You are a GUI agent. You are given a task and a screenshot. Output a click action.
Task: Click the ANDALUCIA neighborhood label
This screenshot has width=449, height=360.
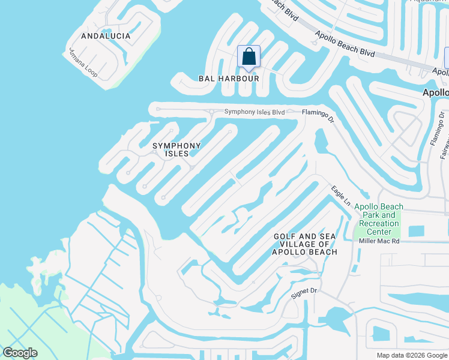pyautogui.click(x=105, y=36)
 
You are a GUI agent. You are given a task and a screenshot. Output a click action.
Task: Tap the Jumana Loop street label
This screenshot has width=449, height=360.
pyautogui.click(x=83, y=63)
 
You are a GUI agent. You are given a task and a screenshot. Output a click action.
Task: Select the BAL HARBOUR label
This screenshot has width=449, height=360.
pyautogui.click(x=229, y=79)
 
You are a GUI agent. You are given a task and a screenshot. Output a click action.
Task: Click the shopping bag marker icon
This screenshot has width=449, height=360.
pyautogui.click(x=249, y=58)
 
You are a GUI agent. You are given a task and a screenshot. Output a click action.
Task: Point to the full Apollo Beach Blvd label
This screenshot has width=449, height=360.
pyautogui.click(x=346, y=47)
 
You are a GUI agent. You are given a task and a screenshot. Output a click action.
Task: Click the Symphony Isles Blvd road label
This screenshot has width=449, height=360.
pyautogui.click(x=254, y=112)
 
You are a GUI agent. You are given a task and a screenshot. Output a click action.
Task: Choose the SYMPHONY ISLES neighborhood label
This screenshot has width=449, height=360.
pyautogui.click(x=176, y=149)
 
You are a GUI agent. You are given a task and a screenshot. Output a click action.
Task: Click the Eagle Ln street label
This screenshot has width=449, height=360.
pyautogui.click(x=340, y=197)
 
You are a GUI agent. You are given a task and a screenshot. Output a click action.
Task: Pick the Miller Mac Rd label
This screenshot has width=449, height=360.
pyautogui.click(x=379, y=241)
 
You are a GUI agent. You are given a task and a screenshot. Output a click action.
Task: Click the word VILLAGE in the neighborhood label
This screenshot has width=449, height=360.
pyautogui.click(x=294, y=244)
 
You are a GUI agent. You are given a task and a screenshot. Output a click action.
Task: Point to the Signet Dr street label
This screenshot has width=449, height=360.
pyautogui.click(x=303, y=292)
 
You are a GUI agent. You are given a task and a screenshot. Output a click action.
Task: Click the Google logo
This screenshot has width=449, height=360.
pyautogui.click(x=20, y=353)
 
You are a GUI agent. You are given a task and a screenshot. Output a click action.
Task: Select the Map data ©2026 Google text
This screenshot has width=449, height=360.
pyautogui.click(x=411, y=355)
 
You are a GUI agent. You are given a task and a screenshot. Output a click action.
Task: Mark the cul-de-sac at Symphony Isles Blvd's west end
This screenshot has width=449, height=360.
pyautogui.click(x=158, y=110)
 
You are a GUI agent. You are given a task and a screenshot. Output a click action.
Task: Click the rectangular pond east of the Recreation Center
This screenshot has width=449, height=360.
pyautogui.click(x=415, y=231)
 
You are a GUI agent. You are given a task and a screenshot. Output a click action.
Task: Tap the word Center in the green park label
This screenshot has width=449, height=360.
pyautogui.click(x=379, y=232)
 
